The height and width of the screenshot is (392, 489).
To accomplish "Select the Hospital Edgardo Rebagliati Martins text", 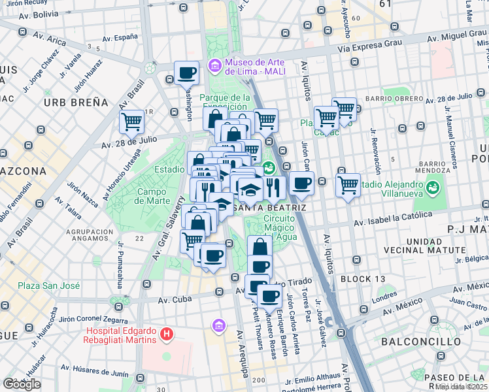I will [x=121, y=334].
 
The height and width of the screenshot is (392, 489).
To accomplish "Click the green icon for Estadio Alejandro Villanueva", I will [x=431, y=188].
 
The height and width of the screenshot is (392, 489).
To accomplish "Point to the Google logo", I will [x=21, y=384].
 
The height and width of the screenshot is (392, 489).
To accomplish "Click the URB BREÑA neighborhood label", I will [x=76, y=103].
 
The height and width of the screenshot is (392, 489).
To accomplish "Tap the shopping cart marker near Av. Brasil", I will [x=131, y=121].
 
